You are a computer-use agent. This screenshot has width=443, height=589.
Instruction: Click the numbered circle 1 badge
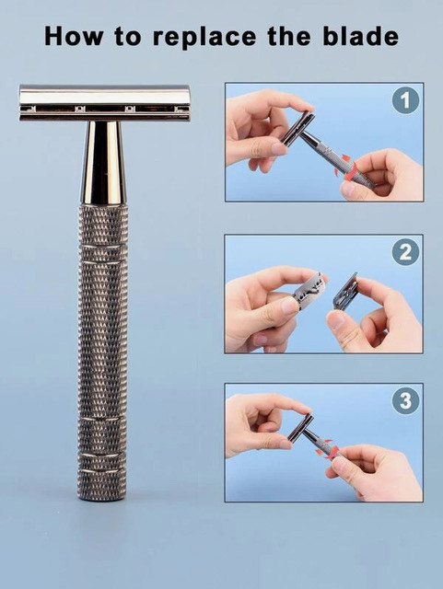(x=405, y=99)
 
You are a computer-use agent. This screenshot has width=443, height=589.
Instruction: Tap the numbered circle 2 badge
(x=405, y=251)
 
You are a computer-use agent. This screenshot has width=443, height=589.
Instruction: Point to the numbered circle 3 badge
(x=405, y=401)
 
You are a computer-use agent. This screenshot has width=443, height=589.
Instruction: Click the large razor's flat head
(x=104, y=102)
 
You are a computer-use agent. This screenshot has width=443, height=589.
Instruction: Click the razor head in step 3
(x=299, y=426)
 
